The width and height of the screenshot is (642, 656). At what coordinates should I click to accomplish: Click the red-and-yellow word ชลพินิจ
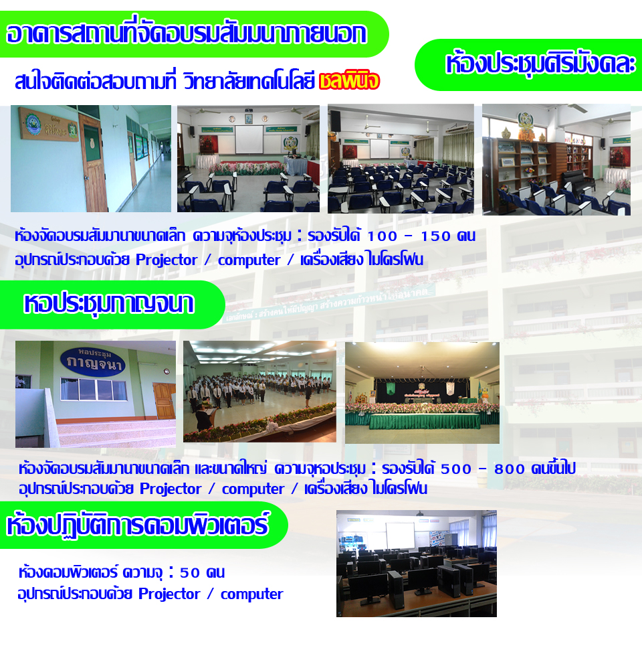click(349, 81)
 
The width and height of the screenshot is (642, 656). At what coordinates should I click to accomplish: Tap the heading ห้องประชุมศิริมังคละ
click(541, 64)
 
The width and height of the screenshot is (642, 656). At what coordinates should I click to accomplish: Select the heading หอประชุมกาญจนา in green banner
click(109, 304)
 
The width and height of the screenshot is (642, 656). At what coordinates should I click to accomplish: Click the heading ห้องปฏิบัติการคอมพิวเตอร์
click(138, 525)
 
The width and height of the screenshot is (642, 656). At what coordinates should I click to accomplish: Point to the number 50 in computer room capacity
click(190, 572)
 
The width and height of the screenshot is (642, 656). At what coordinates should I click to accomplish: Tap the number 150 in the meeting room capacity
click(435, 236)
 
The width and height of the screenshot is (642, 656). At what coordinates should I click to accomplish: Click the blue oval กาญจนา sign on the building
click(93, 362)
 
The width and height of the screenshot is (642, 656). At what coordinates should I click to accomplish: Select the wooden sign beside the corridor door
click(49, 124)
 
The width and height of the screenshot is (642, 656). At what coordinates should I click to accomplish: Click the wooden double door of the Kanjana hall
click(165, 400)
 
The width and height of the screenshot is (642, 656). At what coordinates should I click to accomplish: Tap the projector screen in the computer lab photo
click(400, 537)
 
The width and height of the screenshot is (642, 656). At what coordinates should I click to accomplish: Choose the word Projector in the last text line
click(169, 594)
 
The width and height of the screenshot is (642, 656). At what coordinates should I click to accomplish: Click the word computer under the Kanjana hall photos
click(253, 489)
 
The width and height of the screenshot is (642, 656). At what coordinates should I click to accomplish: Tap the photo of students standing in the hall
click(259, 392)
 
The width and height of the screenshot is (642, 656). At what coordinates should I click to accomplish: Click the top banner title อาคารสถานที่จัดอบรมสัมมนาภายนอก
click(187, 34)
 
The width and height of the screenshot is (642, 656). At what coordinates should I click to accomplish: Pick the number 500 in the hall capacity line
click(456, 469)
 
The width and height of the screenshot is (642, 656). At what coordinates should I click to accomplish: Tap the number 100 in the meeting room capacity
click(382, 236)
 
